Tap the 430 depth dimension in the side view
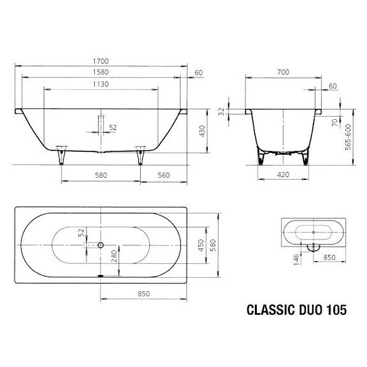[201, 131]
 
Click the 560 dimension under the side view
[163, 176]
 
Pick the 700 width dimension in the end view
[284, 72]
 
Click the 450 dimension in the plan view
[200, 245]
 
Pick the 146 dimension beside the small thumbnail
[297, 258]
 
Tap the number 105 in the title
[336, 311]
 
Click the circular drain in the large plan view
[101, 245]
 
